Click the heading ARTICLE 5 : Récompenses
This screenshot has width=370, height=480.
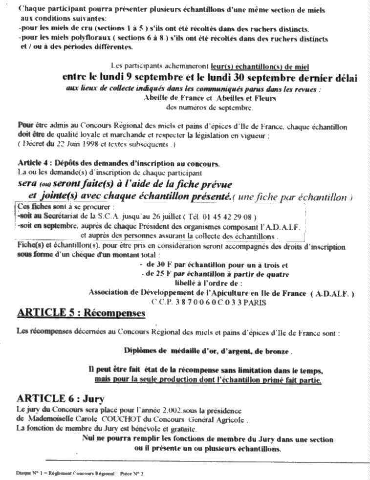click(x=81, y=313)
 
